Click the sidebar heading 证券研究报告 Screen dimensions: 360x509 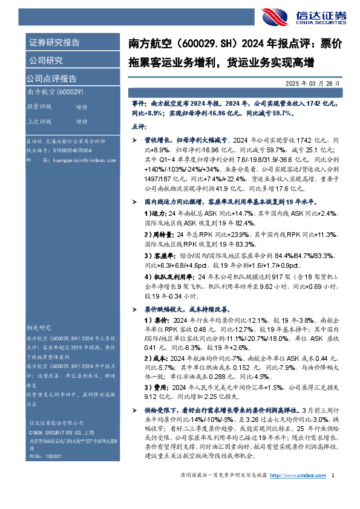[x=54, y=42]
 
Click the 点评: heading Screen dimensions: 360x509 [x=140, y=126]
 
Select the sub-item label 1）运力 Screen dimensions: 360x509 [x=154, y=213]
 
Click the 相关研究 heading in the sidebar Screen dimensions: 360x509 [x=40, y=327]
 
